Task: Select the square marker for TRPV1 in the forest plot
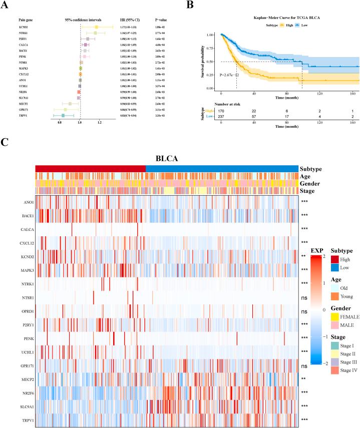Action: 63,101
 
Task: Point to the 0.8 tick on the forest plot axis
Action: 60,108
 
